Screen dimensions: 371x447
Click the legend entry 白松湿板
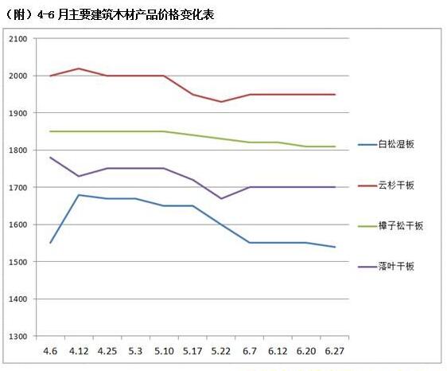tap(397, 144)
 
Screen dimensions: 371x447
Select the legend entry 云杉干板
tap(397, 185)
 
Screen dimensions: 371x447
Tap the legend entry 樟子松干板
tap(402, 226)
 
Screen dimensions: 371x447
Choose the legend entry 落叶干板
tap(397, 267)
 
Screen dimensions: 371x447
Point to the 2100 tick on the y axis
tap(17, 39)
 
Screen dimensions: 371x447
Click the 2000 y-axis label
tap(17, 76)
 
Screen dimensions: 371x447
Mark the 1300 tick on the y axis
tap(17, 336)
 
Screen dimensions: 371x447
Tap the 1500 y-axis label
tap(17, 262)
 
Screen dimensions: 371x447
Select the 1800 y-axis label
tap(17, 150)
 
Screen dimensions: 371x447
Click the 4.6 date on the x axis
tap(49, 350)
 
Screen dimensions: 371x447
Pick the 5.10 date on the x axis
tap(163, 350)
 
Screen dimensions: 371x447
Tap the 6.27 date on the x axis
tap(335, 350)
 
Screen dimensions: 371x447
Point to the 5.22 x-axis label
tap(220, 350)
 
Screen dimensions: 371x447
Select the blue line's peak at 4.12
tap(78, 194)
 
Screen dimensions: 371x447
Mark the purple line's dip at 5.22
tap(220, 198)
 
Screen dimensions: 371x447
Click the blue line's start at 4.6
tap(49, 243)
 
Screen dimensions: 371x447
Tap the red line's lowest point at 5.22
tap(220, 102)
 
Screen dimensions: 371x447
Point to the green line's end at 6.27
tap(335, 146)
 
